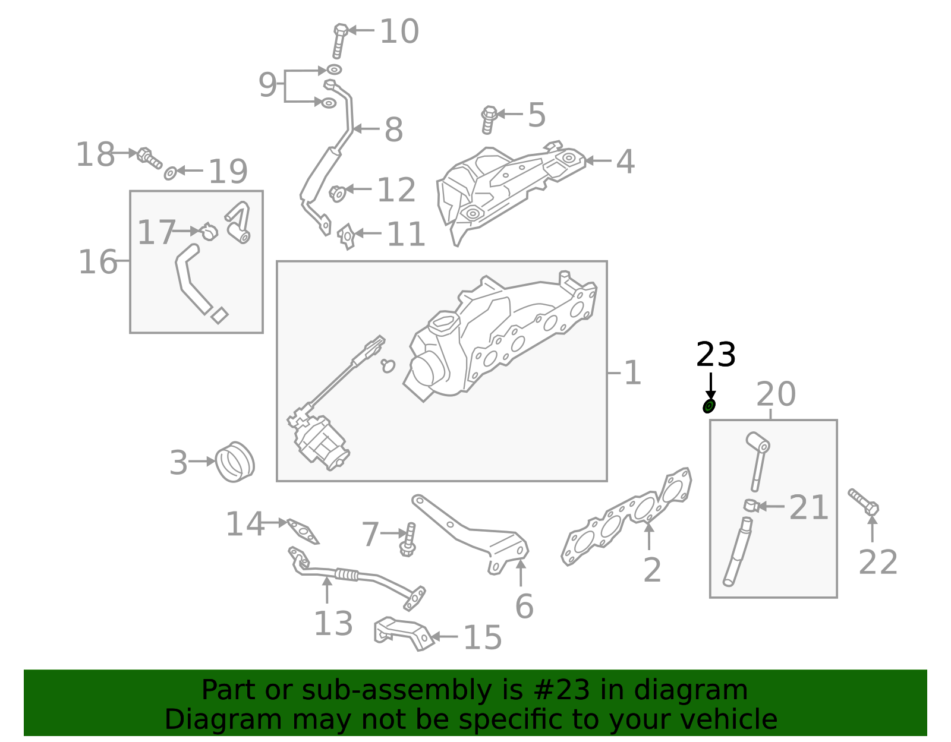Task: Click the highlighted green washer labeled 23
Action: point(708,406)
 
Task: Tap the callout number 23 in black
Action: point(716,355)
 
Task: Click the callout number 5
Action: point(536,115)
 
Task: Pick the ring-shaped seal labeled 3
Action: point(234,462)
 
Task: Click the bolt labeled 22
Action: point(864,502)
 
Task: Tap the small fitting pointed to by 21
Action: point(750,506)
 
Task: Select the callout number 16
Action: point(97,261)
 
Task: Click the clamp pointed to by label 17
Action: point(209,231)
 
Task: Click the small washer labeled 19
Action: point(170,173)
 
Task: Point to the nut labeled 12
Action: point(338,193)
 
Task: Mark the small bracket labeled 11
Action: point(347,236)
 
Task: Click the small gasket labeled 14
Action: point(303,531)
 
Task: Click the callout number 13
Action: point(333,623)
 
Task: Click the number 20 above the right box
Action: point(776,394)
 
